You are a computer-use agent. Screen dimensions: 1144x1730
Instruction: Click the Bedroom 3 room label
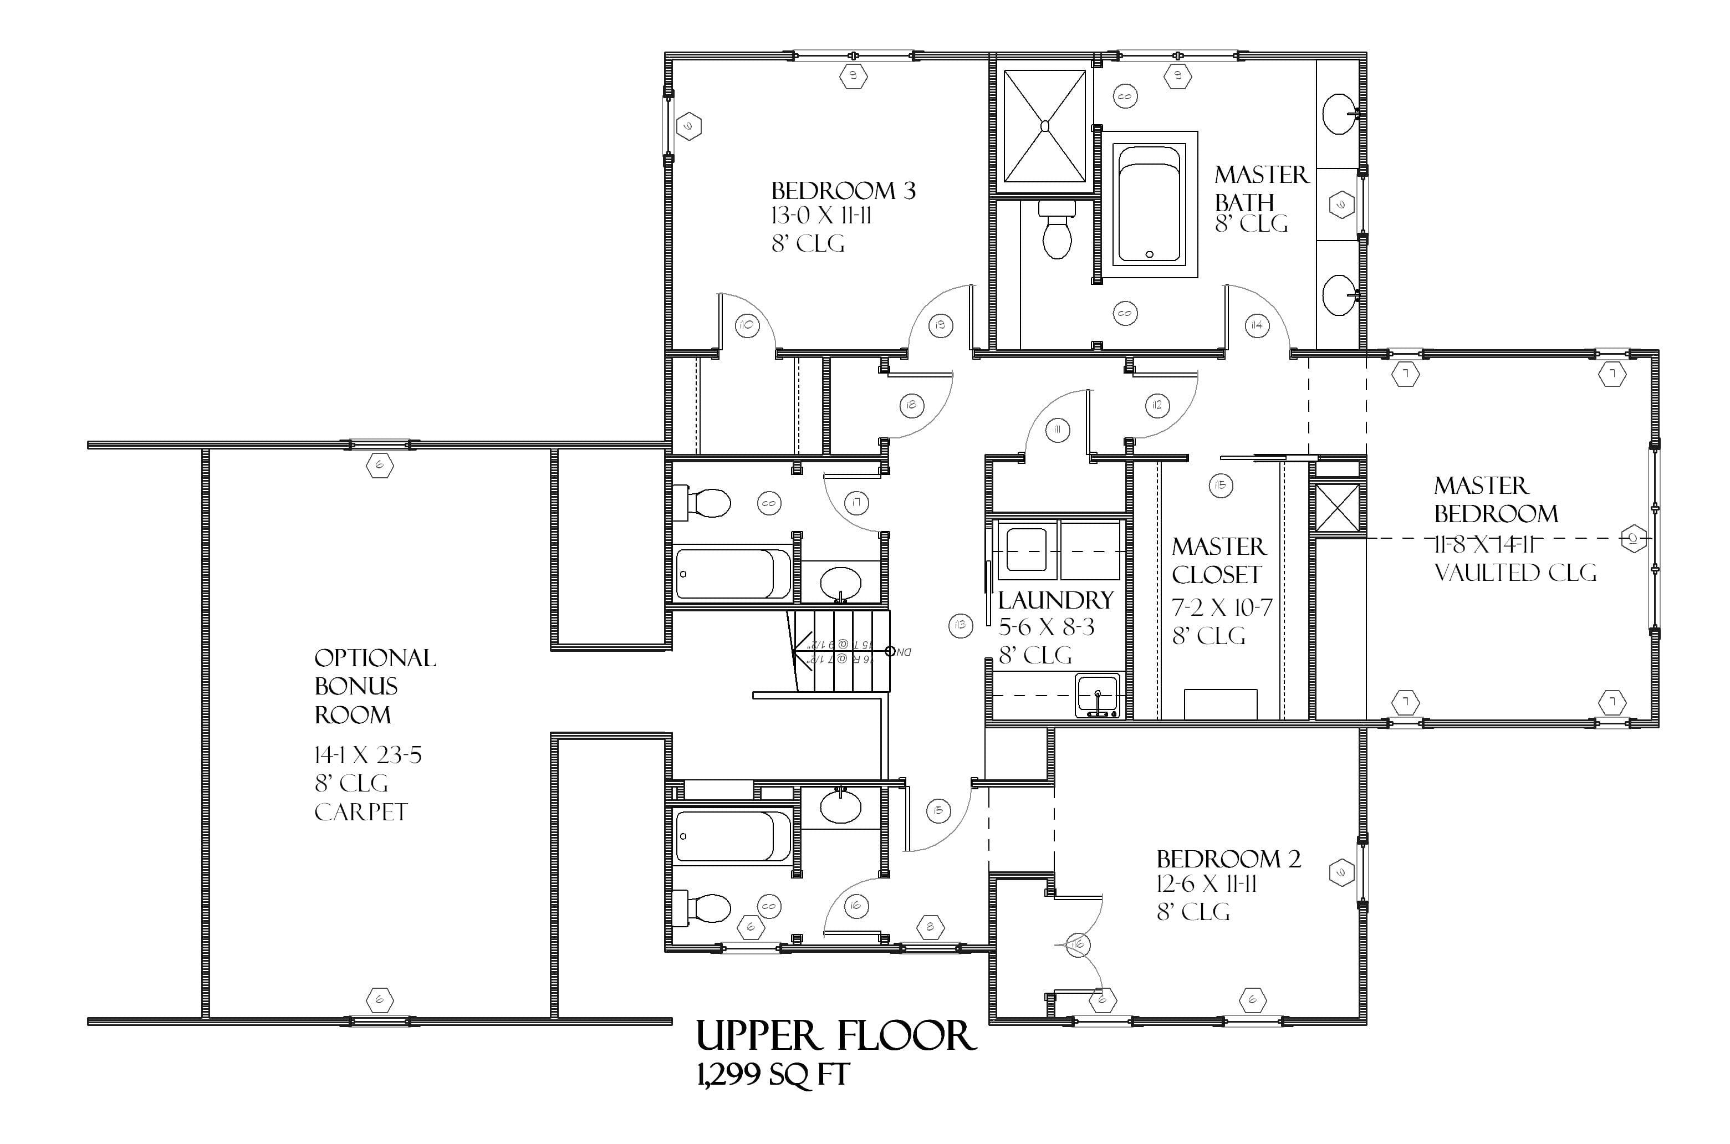point(843,191)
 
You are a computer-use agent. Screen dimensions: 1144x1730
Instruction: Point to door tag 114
point(1257,325)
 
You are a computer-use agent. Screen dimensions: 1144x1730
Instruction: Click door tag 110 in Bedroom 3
point(746,325)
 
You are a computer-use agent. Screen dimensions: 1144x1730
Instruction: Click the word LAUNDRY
point(1055,600)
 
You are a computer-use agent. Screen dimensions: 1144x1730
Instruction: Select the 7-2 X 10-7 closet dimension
point(1222,607)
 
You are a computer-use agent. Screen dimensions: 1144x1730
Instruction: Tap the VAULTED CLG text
point(1515,573)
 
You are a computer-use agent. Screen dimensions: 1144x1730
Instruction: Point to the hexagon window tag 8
point(930,928)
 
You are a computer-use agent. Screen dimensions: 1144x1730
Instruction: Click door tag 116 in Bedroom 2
point(1079,945)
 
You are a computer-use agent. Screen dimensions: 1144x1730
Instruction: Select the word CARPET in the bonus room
point(360,812)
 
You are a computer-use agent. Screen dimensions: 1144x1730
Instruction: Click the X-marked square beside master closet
point(1337,507)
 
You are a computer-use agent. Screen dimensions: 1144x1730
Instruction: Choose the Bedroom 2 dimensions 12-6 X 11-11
point(1206,884)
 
